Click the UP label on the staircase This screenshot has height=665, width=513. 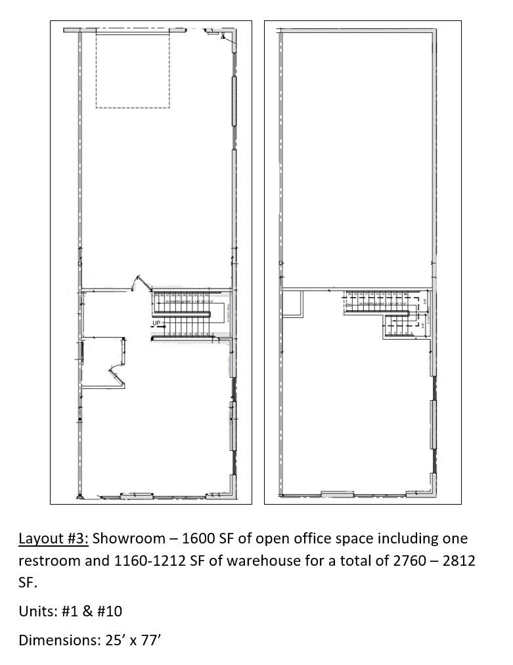click(156, 323)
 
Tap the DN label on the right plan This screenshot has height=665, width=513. click(349, 306)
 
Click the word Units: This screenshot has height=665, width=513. click(36, 611)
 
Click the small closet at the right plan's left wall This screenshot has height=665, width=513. click(292, 303)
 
